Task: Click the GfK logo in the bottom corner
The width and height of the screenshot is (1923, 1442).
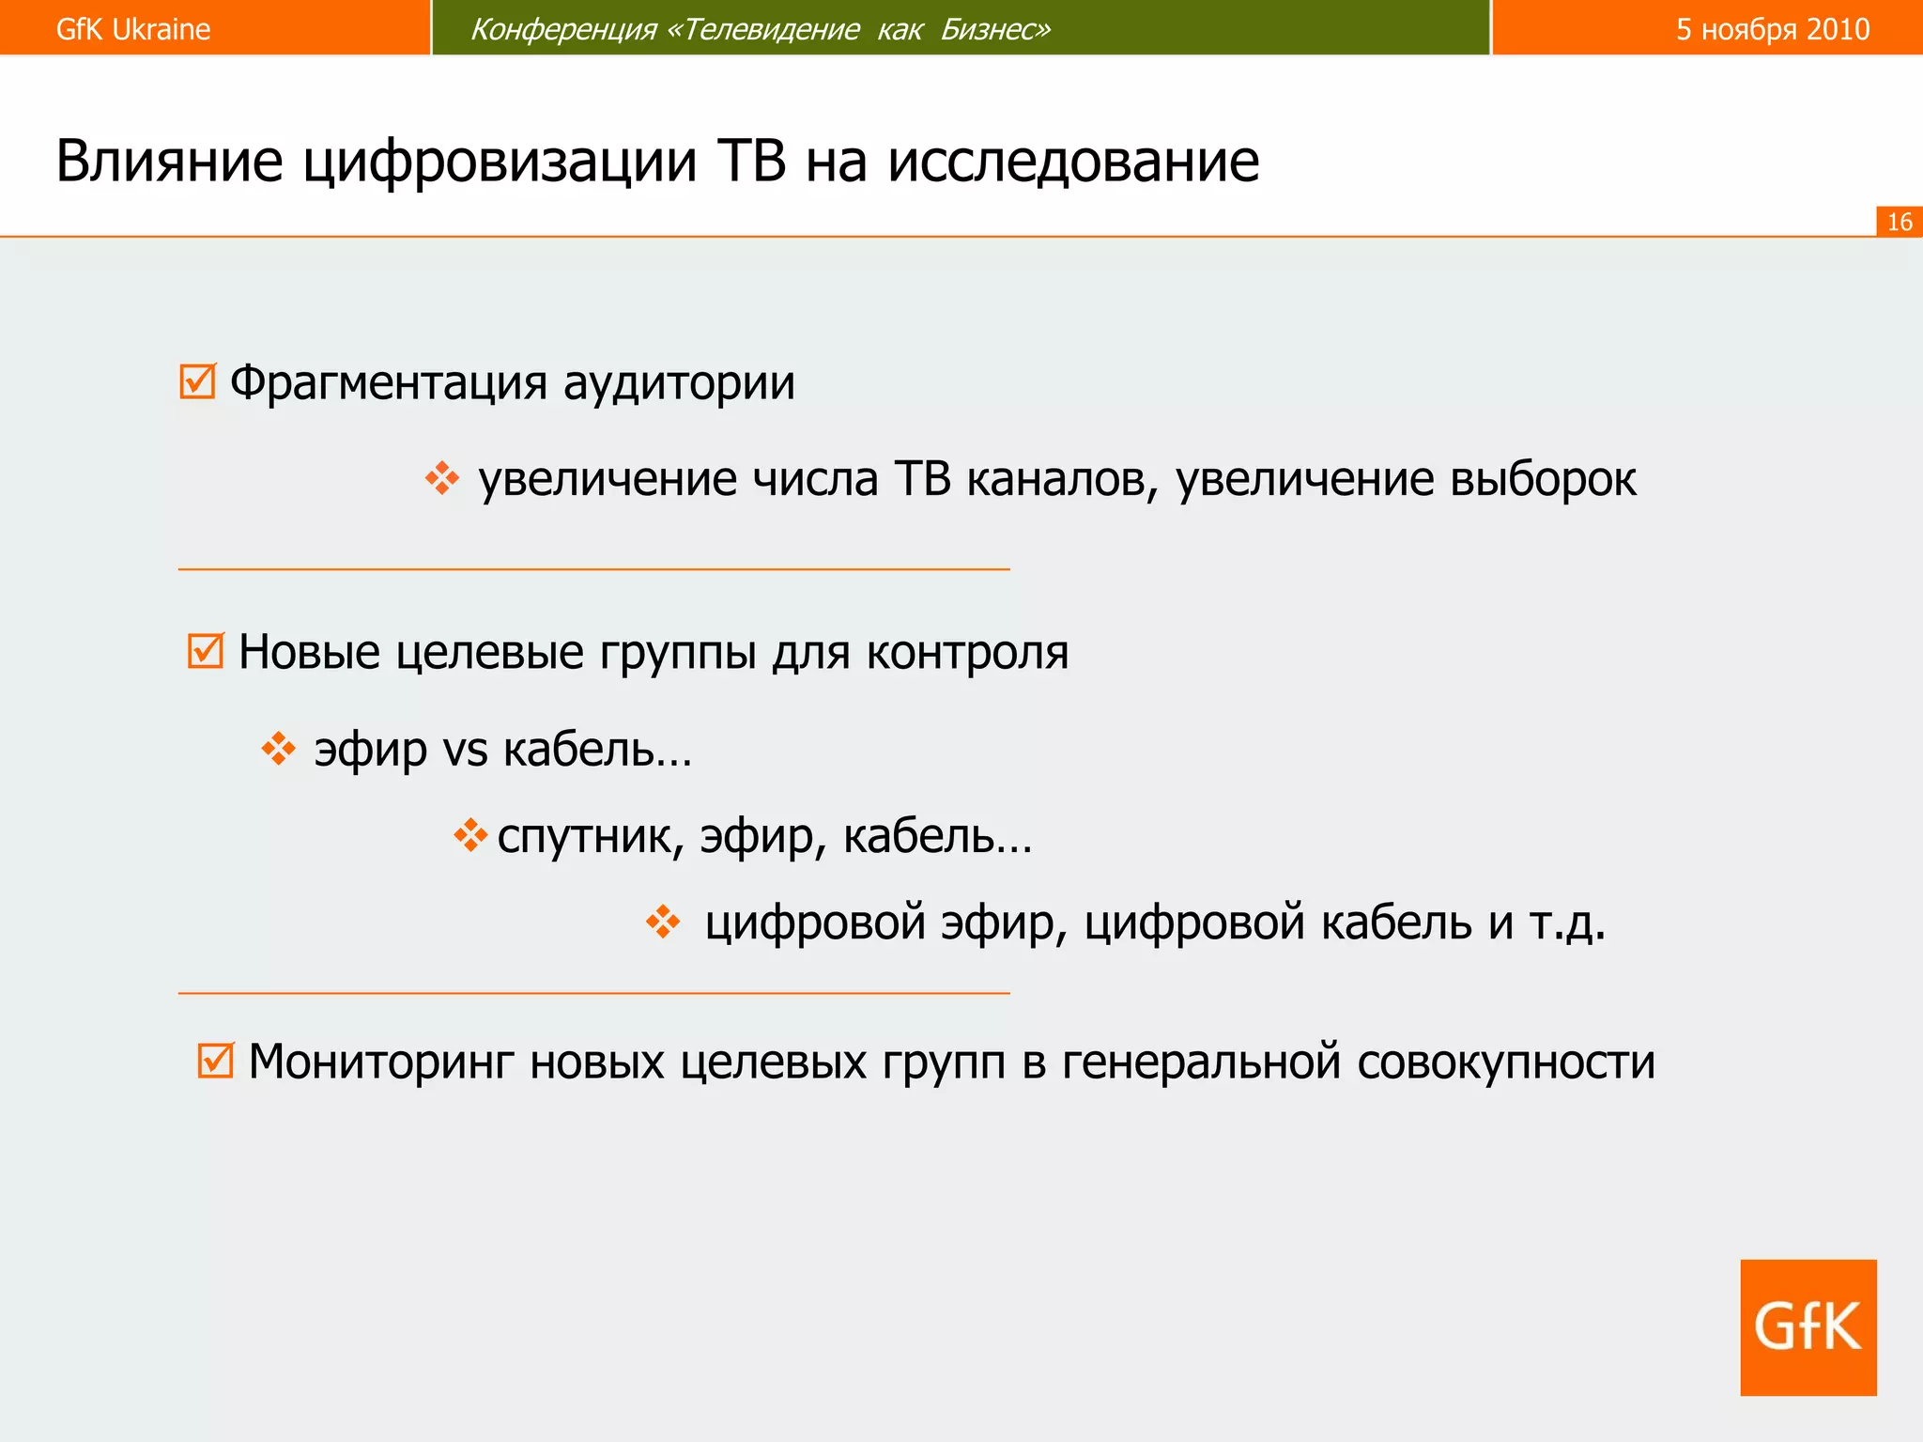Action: [x=1808, y=1326]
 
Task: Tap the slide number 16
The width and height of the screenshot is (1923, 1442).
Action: [x=1899, y=222]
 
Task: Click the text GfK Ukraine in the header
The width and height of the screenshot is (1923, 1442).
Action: [x=132, y=29]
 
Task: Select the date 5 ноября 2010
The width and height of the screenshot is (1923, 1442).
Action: [x=1773, y=29]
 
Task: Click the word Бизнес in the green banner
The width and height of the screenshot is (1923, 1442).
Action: [x=995, y=29]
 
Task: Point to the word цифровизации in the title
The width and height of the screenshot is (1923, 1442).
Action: [x=500, y=161]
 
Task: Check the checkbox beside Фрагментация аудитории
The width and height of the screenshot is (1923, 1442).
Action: [x=197, y=381]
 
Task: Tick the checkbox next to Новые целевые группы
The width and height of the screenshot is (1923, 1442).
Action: [x=206, y=650]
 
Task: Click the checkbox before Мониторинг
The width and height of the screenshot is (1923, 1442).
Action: [x=215, y=1061]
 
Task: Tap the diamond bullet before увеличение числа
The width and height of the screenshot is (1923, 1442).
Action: [x=441, y=478]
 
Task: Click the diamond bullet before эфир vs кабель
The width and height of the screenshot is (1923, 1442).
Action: [x=278, y=749]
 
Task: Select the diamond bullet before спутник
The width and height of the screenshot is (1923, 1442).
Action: [x=470, y=834]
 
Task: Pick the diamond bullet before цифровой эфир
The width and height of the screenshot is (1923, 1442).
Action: [x=663, y=922]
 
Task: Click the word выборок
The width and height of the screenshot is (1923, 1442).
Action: [x=1543, y=479]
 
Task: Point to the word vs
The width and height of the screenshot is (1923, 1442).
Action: [x=465, y=750]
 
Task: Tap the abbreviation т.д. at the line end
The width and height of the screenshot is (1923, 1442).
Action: [x=1567, y=923]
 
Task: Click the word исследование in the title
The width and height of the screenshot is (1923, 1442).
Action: [x=1072, y=161]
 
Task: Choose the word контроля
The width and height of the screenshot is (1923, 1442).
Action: [x=967, y=652]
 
